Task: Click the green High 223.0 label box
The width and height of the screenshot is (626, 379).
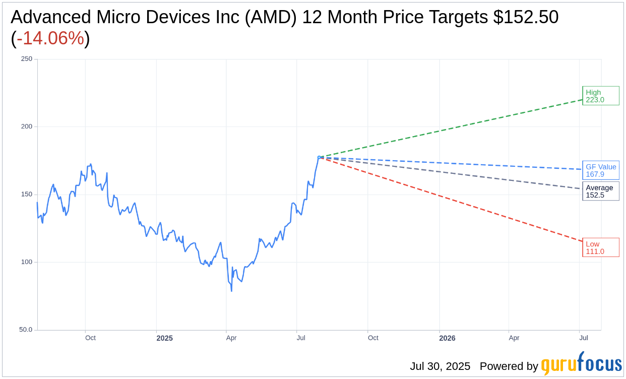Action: click(x=600, y=96)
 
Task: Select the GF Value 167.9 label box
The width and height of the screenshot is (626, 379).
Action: click(x=600, y=170)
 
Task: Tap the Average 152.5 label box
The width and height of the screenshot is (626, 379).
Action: click(x=600, y=191)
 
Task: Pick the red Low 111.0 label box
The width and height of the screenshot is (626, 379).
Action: click(x=600, y=247)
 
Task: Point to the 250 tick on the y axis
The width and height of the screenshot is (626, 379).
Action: click(x=27, y=59)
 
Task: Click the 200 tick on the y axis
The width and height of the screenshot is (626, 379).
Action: click(x=27, y=127)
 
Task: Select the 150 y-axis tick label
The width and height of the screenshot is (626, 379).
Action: click(x=27, y=195)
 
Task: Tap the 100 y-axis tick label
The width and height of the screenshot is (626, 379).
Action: click(x=27, y=262)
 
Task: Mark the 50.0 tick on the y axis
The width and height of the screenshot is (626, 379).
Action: click(x=26, y=330)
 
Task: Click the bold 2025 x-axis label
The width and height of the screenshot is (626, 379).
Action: click(x=164, y=338)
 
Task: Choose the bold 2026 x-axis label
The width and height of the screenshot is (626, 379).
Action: click(x=447, y=338)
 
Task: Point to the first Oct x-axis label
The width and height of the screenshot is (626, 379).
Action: click(x=90, y=338)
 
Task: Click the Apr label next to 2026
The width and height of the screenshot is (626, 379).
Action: click(x=514, y=338)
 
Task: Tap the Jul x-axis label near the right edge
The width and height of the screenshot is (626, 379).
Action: click(x=583, y=338)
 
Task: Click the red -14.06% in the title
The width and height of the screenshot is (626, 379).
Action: click(x=50, y=38)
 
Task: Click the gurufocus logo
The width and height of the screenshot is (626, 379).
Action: click(x=581, y=364)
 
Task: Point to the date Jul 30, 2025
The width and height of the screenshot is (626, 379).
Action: click(x=440, y=366)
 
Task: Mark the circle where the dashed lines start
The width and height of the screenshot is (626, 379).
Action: click(x=319, y=157)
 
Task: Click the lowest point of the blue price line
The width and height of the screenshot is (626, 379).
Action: click(x=231, y=291)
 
